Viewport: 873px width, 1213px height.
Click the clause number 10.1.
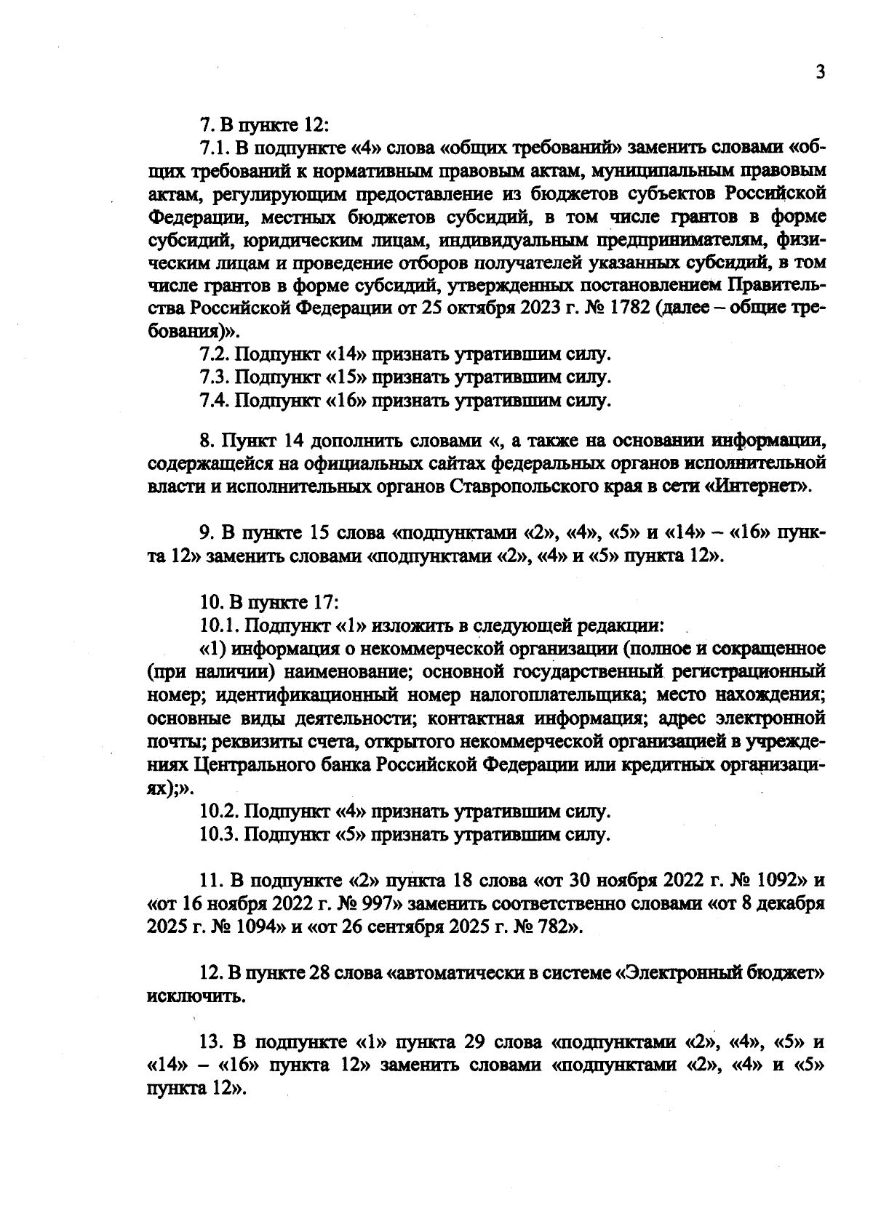click(x=218, y=625)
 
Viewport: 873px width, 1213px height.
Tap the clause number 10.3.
click(x=218, y=835)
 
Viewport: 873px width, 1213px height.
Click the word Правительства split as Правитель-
click(x=776, y=284)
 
